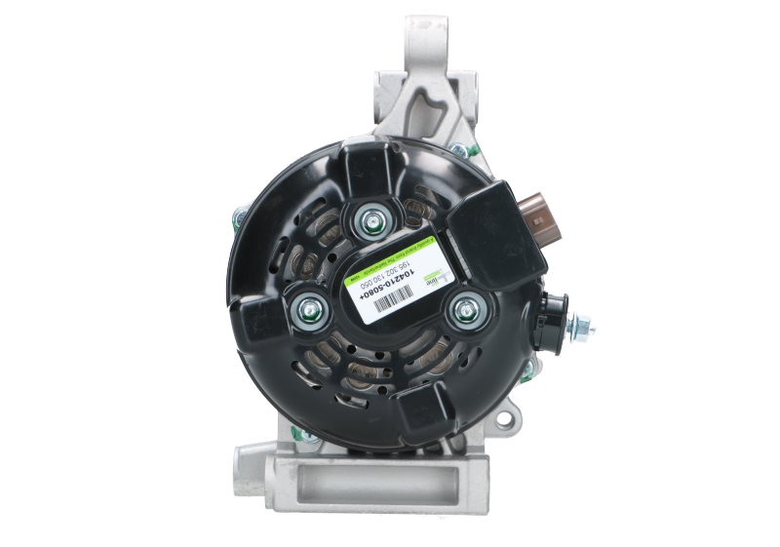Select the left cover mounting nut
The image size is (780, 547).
[x=306, y=309]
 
